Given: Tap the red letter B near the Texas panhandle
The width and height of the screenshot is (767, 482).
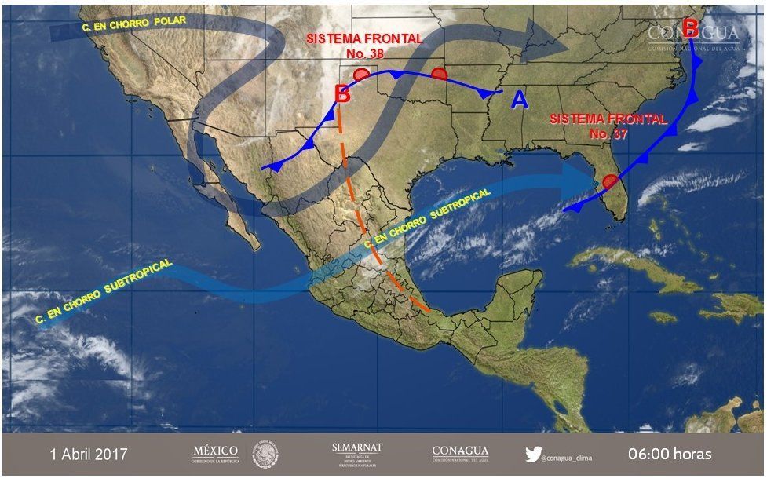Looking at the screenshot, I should tap(342, 93).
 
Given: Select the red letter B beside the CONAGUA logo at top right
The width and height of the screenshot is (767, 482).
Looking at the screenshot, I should tap(690, 28).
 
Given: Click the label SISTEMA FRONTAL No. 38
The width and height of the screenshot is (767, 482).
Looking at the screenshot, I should tap(363, 46).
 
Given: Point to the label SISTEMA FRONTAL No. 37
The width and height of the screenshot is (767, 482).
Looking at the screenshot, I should tap(608, 126).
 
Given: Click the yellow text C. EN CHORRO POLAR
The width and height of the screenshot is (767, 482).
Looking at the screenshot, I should tap(133, 24).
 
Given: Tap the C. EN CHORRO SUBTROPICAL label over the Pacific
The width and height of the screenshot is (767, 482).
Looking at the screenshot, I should tap(104, 293).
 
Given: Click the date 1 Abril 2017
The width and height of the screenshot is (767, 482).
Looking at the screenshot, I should tap(89, 455).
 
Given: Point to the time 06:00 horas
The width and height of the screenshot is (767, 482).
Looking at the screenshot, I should tap(670, 455).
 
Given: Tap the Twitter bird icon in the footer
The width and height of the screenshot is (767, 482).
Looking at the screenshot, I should tap(534, 455).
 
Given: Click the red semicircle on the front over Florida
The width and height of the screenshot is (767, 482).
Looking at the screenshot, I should tap(610, 182).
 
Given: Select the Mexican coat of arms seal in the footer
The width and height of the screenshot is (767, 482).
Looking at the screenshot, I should tap(265, 455).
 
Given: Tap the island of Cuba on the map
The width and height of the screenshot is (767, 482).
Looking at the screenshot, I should tap(644, 267).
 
